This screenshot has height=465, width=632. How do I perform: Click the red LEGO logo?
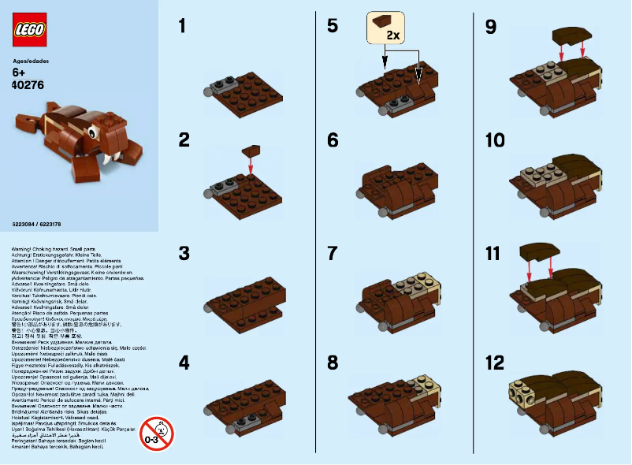pos(29,30)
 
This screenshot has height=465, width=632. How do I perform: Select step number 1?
pos(183,27)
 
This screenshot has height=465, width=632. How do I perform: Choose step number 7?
pos(333,253)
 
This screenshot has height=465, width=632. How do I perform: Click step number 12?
pos(494,363)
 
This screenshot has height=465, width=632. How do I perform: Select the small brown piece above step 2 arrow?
pos(251,148)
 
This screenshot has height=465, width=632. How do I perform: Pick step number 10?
pos(495,140)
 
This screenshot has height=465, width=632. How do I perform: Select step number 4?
pos(184,363)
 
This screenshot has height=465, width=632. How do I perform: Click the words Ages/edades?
pos(31,59)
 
